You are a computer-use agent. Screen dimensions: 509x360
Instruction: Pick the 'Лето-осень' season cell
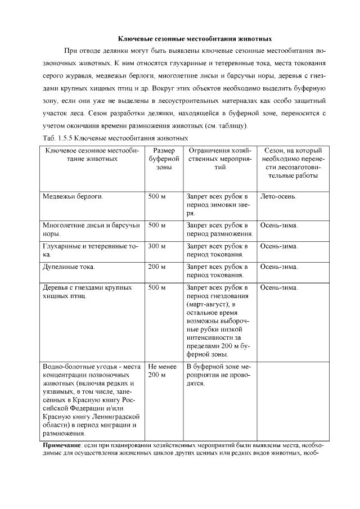[x=279, y=197]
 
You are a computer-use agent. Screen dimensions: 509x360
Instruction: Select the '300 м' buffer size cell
[x=157, y=246]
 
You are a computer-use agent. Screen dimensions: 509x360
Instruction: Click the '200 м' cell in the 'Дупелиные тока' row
[x=157, y=267]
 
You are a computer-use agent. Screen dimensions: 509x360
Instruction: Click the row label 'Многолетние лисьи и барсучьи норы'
[x=90, y=229]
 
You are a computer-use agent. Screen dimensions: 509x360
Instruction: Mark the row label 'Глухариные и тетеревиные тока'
[x=90, y=250]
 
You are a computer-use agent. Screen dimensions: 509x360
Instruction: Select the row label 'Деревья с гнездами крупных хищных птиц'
[x=87, y=291]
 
